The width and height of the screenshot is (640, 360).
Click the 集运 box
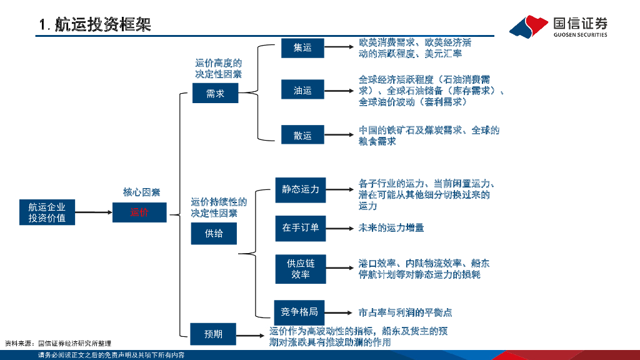tap(302, 47)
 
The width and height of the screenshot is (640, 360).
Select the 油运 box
tap(302, 91)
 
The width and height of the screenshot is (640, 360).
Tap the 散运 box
tap(302, 134)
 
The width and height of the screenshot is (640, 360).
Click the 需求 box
tap(215, 93)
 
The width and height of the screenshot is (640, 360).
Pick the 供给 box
tap(214, 234)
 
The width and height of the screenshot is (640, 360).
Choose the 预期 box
tap(214, 334)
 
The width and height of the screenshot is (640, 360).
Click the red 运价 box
tap(139, 212)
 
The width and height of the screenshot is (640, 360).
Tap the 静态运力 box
tap(301, 189)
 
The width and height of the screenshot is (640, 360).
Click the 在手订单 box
tap(301, 227)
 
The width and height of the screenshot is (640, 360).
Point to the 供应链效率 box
tap(301, 269)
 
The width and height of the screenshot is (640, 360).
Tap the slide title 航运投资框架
tap(95, 25)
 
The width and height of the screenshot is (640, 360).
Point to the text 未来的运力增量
tap(391, 227)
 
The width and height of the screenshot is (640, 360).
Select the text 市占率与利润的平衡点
tap(405, 312)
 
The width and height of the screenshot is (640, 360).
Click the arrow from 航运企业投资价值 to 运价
tap(94, 212)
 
